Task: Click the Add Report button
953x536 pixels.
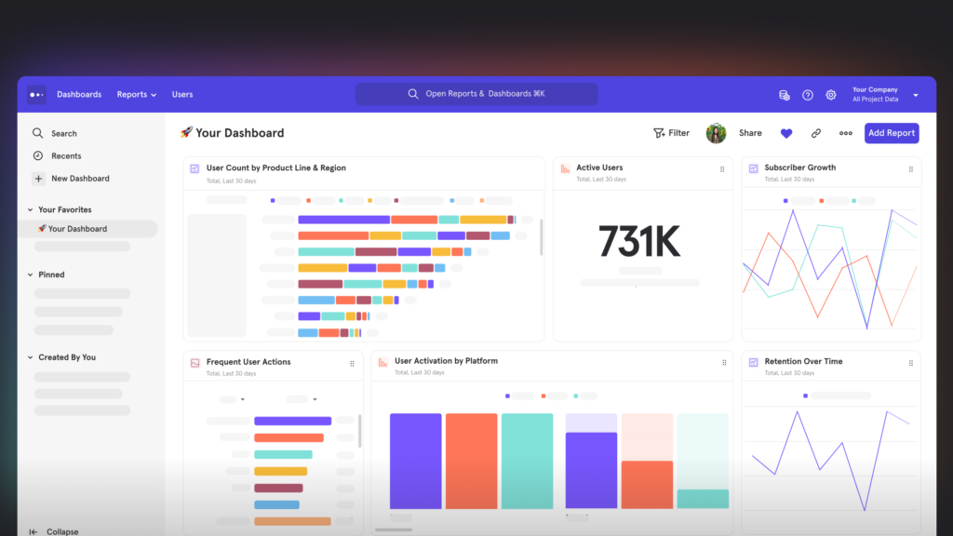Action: tap(891, 133)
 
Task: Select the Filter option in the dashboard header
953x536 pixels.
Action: tap(671, 133)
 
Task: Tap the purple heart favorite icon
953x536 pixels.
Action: tap(786, 133)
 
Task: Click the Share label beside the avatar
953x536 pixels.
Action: tap(750, 133)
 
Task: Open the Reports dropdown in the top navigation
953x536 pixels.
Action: tap(136, 94)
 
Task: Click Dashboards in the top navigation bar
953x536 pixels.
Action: tap(79, 94)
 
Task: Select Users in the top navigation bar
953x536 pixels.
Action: tap(182, 94)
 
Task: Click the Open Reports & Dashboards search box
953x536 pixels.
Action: tap(476, 94)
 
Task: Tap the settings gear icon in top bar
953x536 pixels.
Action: tap(831, 95)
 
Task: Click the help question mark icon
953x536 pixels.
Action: tap(808, 95)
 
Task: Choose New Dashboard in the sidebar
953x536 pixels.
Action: tap(79, 179)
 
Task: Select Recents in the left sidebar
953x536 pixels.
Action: tap(65, 156)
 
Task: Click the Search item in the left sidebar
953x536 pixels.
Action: tap(63, 134)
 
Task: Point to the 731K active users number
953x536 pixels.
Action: tap(639, 242)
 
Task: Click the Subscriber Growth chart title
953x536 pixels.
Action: tap(799, 167)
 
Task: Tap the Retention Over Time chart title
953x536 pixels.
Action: tap(803, 361)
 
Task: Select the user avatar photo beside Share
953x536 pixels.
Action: tap(716, 133)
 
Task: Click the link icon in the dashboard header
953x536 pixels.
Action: tap(816, 133)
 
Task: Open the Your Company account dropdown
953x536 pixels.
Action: tap(884, 94)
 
